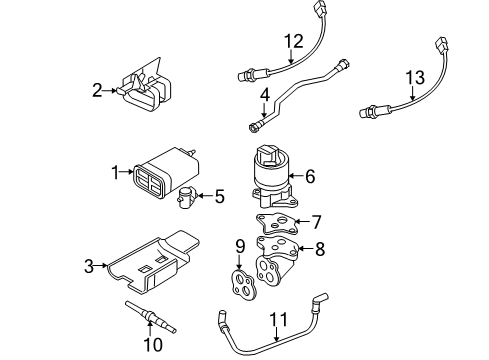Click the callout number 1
117,172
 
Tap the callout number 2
98,91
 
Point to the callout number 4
264,97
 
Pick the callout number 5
219,196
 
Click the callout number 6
310,176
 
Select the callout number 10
152,345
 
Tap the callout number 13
414,76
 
